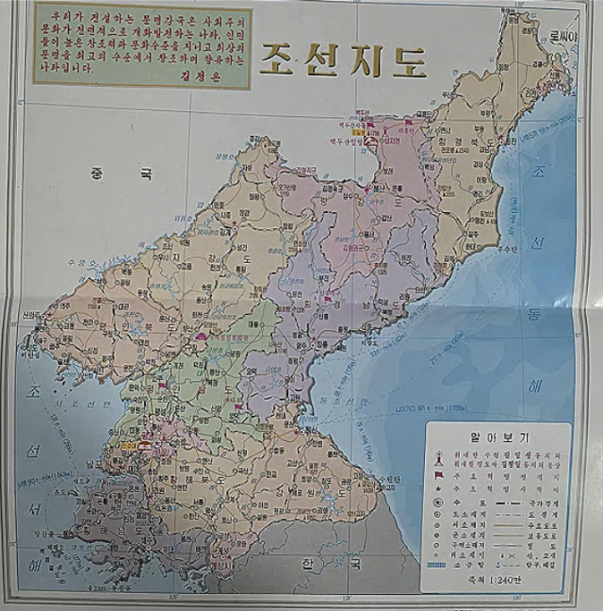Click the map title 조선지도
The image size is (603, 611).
pos(343,60)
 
